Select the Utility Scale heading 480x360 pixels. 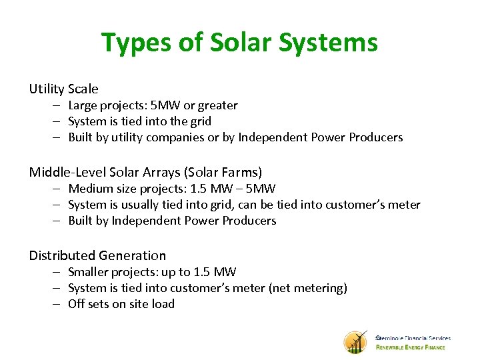(63, 89)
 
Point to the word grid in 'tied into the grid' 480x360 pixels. (199, 121)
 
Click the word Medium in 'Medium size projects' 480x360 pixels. (90, 189)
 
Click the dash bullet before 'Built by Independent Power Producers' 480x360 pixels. (58, 221)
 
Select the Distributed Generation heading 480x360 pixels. (97, 255)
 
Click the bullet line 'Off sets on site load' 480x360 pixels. (121, 304)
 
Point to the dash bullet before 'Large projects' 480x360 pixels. (58, 105)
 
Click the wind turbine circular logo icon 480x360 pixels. (355, 342)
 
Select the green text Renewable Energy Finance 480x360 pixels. (411, 347)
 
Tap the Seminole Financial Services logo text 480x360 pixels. (413, 338)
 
